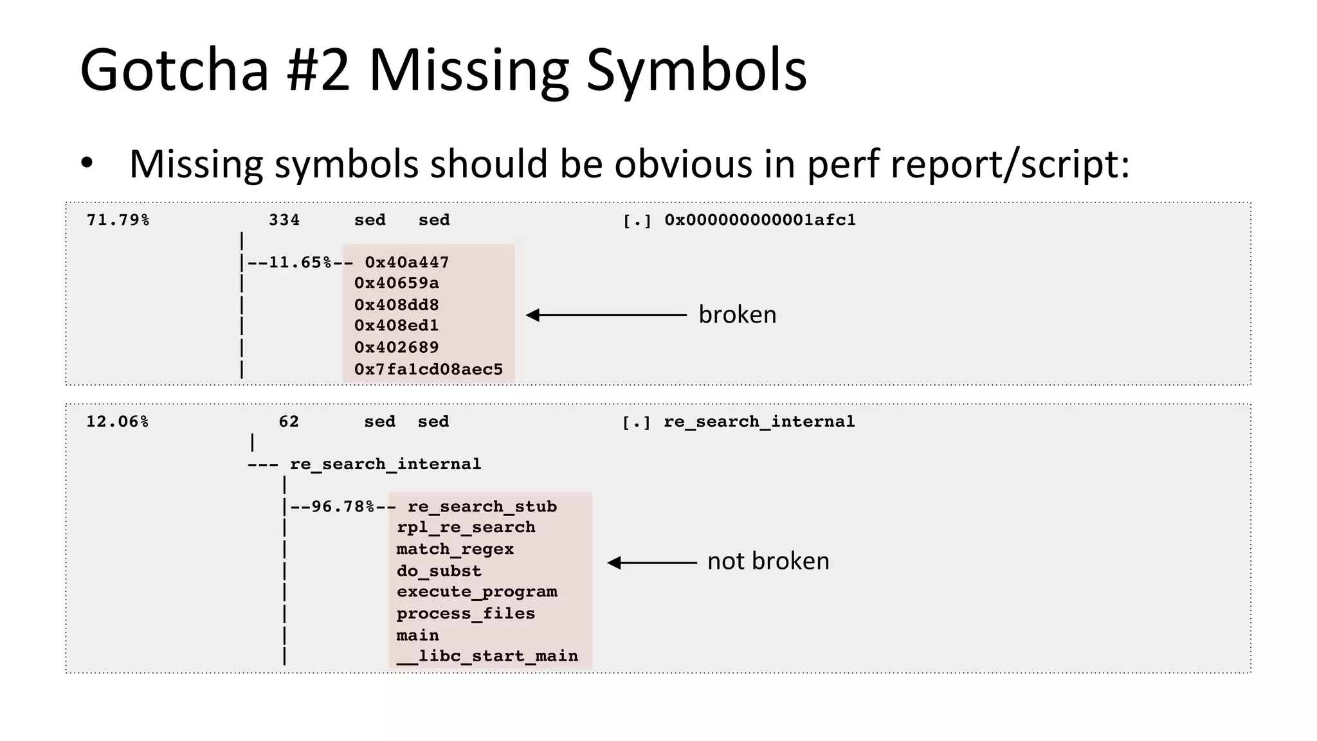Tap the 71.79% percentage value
118,220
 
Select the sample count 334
284,220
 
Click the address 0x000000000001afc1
760,220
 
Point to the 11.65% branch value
300,262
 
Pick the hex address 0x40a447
406,262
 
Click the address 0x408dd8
396,305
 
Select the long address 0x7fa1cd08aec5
428,369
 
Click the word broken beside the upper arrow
738,314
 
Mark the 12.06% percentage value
117,422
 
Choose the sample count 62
289,422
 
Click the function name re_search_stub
482,506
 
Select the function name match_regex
455,549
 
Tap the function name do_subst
439,571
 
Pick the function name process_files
466,613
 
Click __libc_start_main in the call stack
487,656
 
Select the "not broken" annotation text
768,561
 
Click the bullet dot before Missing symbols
87,164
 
